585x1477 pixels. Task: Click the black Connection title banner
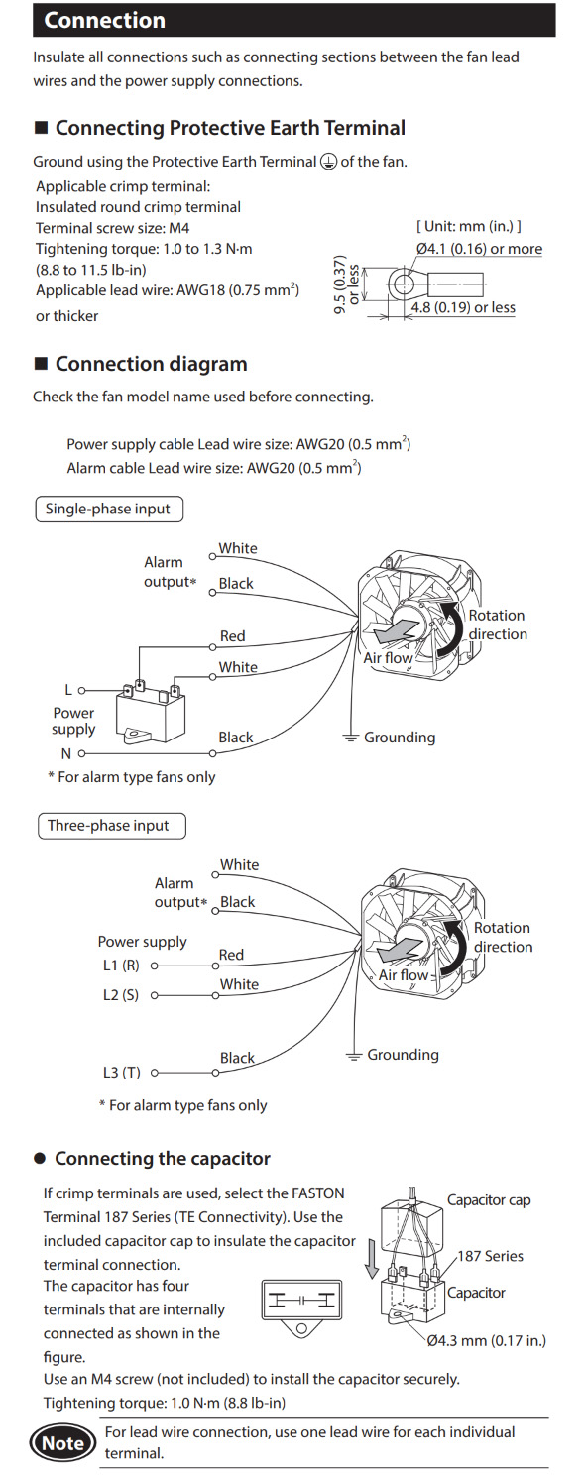click(294, 20)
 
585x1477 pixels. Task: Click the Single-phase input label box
click(109, 510)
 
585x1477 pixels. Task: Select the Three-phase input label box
click(111, 826)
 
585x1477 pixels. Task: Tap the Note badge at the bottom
click(63, 1443)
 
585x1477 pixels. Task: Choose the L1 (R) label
click(121, 966)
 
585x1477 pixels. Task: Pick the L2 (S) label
click(121, 995)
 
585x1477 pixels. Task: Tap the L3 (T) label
click(122, 1073)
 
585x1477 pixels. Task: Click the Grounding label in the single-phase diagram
click(400, 738)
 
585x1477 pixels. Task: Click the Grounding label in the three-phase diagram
click(403, 1055)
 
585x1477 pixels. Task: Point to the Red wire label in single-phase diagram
click(233, 636)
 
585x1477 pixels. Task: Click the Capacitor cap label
click(489, 1200)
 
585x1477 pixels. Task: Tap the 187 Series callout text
click(490, 1256)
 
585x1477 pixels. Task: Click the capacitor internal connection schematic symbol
click(302, 1308)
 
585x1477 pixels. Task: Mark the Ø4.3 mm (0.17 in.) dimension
click(487, 1340)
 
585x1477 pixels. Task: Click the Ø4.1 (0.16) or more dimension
click(479, 249)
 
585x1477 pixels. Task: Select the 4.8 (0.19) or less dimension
click(463, 307)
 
